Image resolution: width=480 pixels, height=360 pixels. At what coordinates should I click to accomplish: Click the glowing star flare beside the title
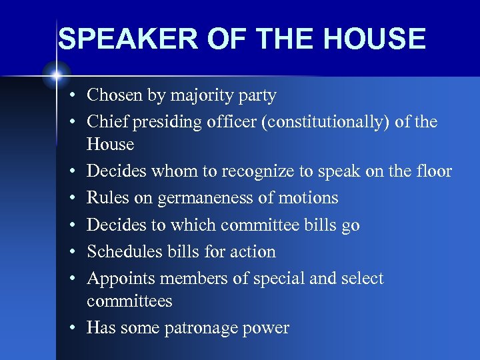point(55,73)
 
